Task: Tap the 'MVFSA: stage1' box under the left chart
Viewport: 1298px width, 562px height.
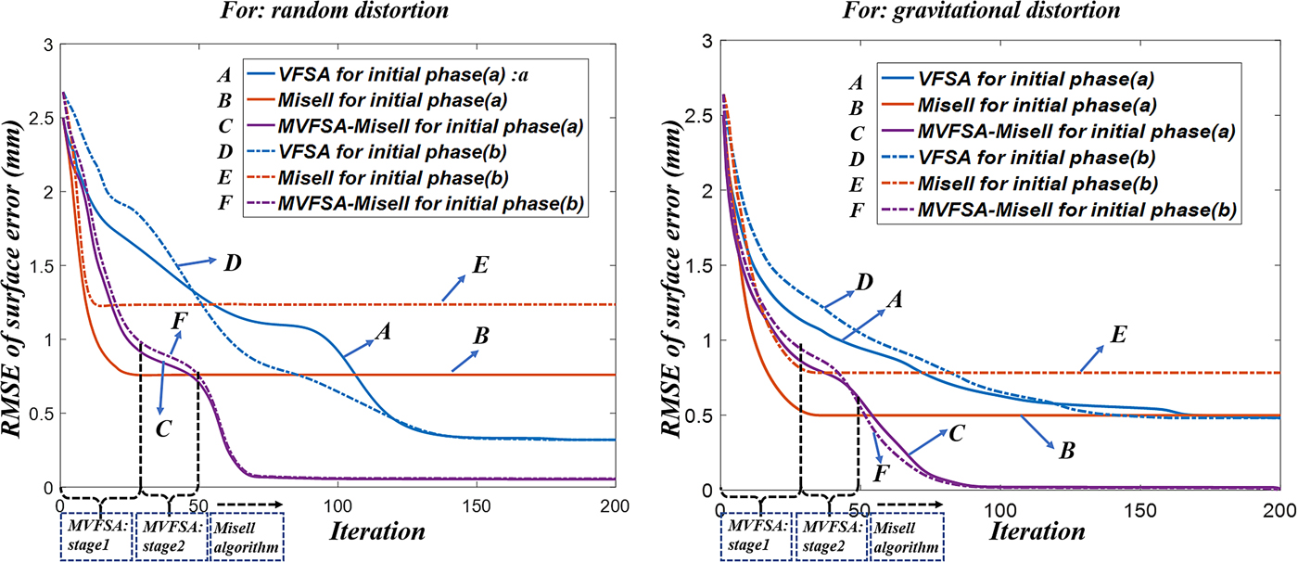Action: click(95, 536)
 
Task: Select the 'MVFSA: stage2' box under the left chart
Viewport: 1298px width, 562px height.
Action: click(170, 536)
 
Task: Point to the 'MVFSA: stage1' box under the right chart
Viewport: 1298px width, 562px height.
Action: click(757, 536)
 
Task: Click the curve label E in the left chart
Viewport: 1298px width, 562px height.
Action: click(480, 263)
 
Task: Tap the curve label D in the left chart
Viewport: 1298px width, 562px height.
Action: click(232, 263)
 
